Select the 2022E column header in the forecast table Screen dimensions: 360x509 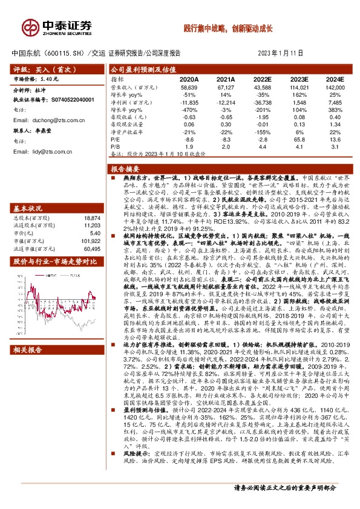(x=262, y=79)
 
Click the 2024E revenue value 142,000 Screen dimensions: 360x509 (x=334, y=88)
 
